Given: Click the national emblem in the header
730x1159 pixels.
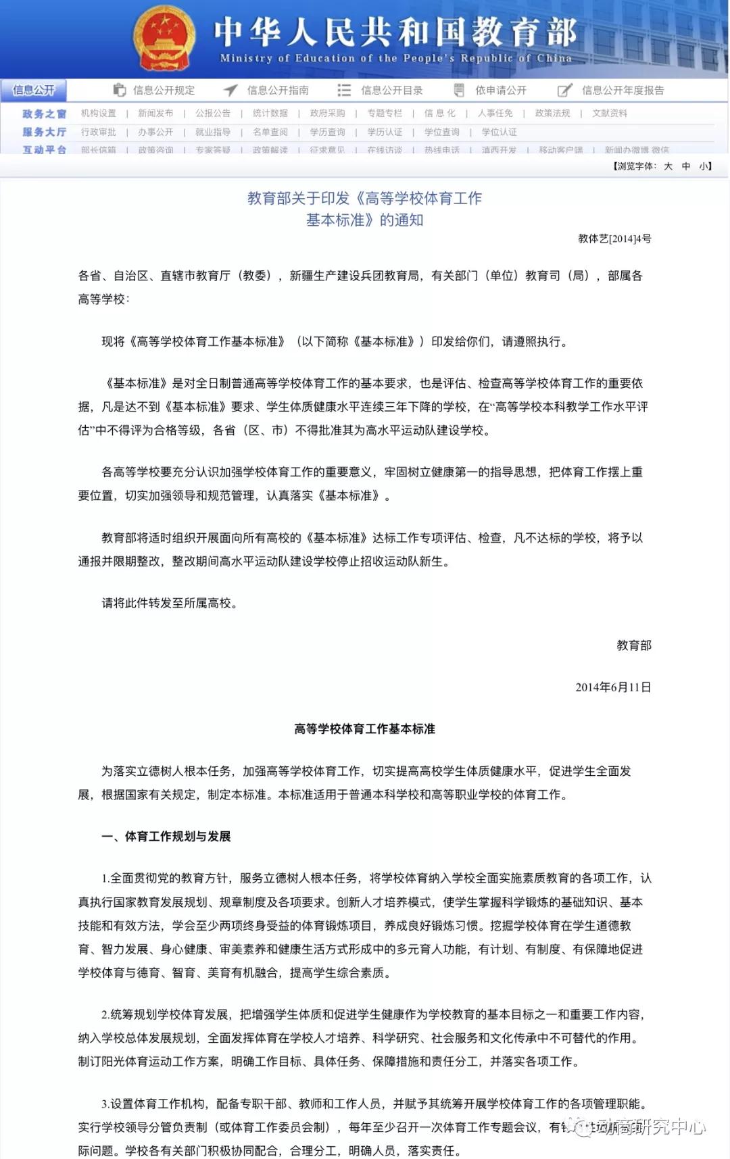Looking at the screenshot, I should coord(164,38).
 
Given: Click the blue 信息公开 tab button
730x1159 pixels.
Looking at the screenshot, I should coord(33,90).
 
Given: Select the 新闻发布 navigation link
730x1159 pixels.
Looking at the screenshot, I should coord(155,113).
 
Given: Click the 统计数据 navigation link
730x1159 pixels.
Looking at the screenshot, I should coord(270,113).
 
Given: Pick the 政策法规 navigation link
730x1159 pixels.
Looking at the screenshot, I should coord(552,113).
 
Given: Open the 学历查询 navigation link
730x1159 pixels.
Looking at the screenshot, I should coord(327,132).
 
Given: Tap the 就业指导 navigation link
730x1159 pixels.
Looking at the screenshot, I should coord(213,132).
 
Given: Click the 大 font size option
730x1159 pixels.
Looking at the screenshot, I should coord(668,166).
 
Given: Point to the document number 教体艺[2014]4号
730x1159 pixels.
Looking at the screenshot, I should coord(614,239).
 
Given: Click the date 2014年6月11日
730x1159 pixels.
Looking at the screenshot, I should coord(613,687).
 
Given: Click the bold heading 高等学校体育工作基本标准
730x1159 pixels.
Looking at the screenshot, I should coord(364,729).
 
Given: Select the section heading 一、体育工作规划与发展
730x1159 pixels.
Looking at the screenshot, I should coord(166,836).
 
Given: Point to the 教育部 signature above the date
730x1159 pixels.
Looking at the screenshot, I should coord(633,645).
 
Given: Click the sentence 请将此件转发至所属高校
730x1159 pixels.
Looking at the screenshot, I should coord(169,603).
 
